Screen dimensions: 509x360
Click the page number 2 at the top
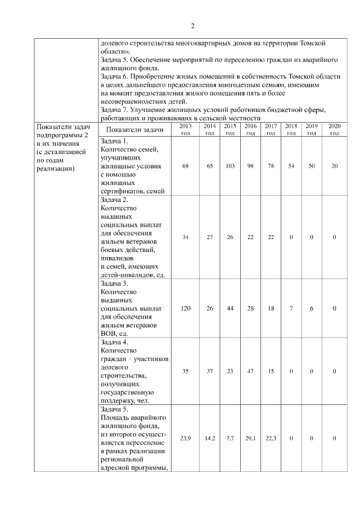pyautogui.click(x=192, y=26)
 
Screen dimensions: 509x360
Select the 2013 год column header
pyautogui.click(x=185, y=129)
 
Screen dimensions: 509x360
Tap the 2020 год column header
pyautogui.click(x=334, y=129)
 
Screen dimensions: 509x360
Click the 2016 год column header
pyautogui.click(x=250, y=129)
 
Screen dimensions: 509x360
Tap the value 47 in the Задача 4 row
pyautogui.click(x=250, y=372)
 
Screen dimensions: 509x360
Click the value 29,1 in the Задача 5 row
pyautogui.click(x=250, y=438)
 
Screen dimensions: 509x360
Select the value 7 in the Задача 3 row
pyautogui.click(x=291, y=309)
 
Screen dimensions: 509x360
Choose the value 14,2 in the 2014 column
pyautogui.click(x=209, y=438)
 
